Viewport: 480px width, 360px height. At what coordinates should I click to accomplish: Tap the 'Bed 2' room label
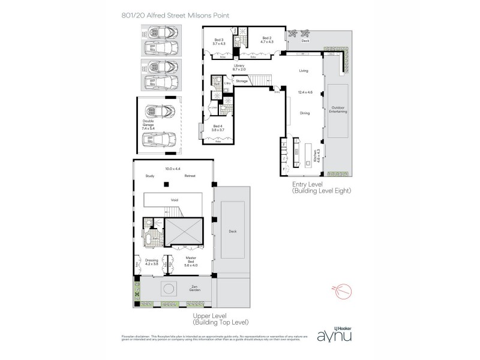coord(267,40)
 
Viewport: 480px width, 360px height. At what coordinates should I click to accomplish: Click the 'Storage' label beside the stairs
coord(242,80)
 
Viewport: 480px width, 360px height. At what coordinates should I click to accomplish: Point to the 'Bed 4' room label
coord(218,127)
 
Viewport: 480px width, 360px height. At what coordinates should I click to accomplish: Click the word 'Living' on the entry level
coord(304,71)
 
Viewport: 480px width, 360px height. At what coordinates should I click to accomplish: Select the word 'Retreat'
coord(190,176)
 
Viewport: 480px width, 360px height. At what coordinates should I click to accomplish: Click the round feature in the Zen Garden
coord(170,289)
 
